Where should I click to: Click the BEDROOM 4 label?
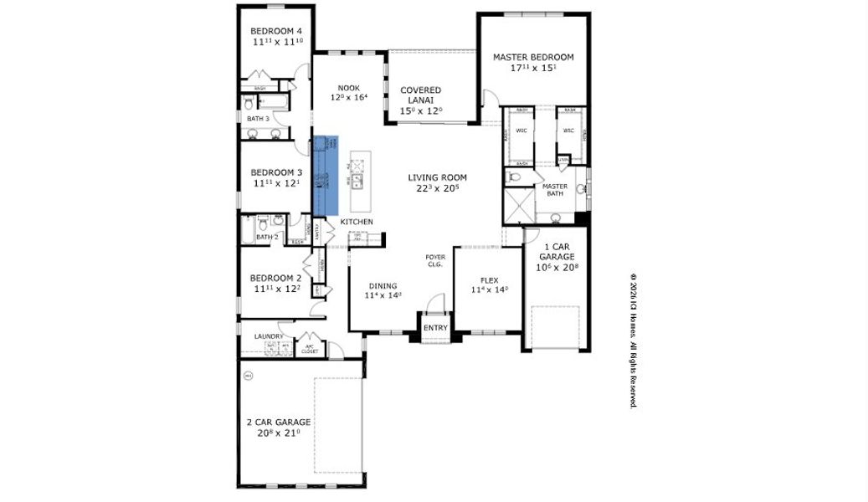click(276, 32)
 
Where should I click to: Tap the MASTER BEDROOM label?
click(533, 57)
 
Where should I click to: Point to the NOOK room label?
click(348, 87)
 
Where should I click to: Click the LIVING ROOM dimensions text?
click(437, 189)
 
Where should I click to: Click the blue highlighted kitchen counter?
click(326, 176)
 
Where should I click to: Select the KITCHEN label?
click(356, 221)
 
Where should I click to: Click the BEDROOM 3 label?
click(276, 172)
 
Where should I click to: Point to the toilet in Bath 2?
click(263, 223)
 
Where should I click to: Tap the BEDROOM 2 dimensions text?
click(276, 289)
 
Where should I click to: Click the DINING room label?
click(383, 285)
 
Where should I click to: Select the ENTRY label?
click(435, 327)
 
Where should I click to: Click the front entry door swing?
click(435, 303)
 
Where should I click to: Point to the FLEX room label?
click(490, 280)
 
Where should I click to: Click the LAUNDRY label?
click(269, 336)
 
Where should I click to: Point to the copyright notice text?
click(634, 339)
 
